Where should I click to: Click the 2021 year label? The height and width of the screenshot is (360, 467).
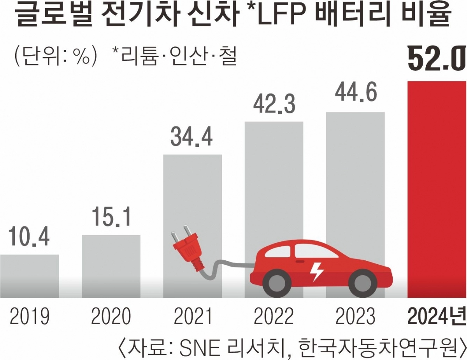[x=192, y=317]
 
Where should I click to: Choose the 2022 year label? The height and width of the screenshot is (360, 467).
[x=274, y=317]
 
